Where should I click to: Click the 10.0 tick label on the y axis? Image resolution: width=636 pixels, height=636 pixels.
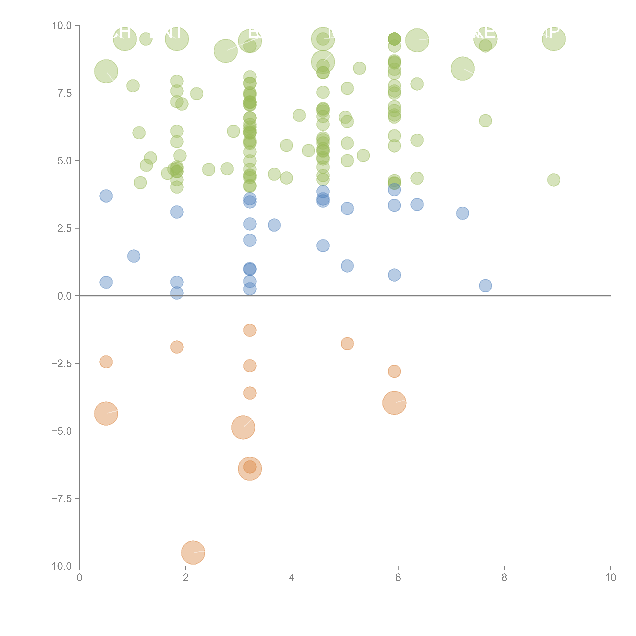point(62,26)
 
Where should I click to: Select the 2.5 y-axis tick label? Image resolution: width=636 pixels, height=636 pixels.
point(64,228)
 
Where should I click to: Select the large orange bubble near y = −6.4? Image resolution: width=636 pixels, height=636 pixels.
point(250,468)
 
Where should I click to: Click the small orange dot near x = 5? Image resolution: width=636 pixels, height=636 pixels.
point(347,344)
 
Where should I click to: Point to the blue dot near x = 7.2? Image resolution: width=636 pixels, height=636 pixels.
point(462,213)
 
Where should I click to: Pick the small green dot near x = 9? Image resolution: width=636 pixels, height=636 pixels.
point(554,180)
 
